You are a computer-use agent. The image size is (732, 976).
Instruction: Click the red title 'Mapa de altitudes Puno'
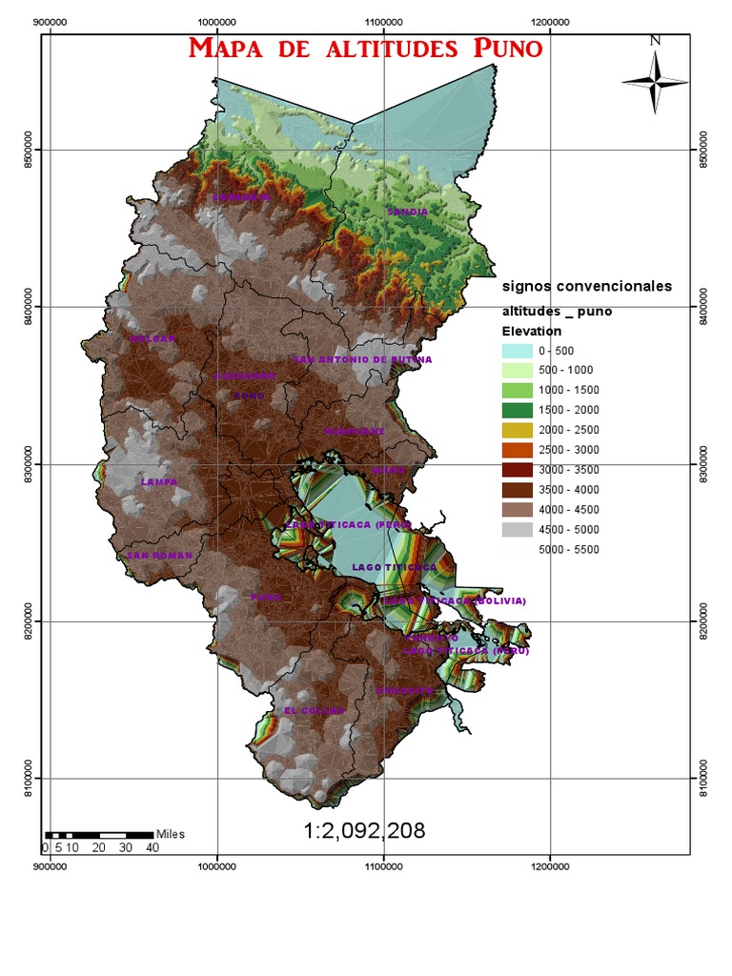click(x=366, y=49)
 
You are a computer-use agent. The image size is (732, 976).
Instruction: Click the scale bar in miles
click(x=98, y=835)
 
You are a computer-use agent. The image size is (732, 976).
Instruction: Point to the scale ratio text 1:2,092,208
click(x=365, y=832)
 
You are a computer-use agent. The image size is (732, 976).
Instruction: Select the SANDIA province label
click(x=407, y=212)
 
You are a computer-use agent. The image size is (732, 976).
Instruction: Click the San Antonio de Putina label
click(x=362, y=359)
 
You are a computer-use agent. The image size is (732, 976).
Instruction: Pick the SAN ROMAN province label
click(x=160, y=555)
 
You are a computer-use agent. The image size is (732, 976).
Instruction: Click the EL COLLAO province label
click(x=307, y=710)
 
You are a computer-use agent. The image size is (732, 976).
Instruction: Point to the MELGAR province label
click(x=153, y=338)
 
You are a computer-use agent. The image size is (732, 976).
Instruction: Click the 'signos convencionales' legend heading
click(x=587, y=286)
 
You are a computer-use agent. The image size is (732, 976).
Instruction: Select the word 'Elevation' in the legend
click(x=532, y=331)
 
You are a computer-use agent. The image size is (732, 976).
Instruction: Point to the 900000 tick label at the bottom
click(x=50, y=866)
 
